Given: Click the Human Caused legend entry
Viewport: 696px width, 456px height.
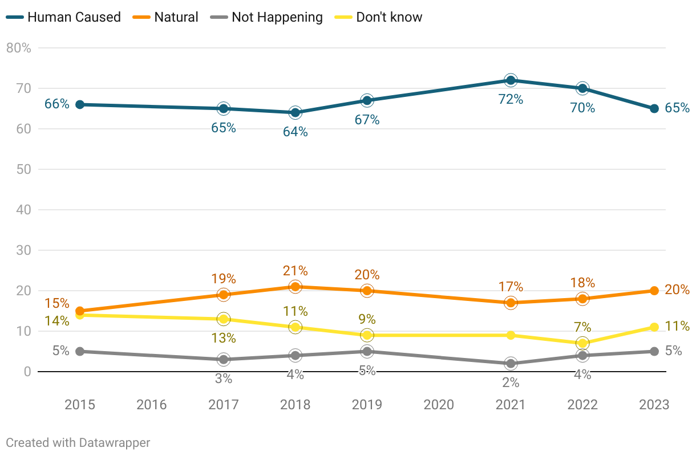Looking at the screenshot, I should click(64, 17).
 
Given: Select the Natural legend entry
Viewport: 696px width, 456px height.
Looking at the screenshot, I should click(167, 17).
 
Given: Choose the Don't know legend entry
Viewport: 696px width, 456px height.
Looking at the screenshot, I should click(381, 17).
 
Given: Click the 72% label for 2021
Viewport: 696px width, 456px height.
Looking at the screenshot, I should click(511, 99).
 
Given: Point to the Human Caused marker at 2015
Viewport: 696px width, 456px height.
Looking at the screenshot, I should click(80, 104).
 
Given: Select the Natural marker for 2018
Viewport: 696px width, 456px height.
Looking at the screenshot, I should click(295, 287).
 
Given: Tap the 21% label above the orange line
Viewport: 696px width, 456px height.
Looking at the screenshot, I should click(295, 271).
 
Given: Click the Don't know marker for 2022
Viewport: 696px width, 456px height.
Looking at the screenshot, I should click(582, 343).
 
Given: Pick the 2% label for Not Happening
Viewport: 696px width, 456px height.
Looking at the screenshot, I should click(511, 383).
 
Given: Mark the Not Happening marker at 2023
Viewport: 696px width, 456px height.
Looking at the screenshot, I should click(654, 351).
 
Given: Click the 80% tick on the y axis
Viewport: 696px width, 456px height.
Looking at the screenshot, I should click(18, 48).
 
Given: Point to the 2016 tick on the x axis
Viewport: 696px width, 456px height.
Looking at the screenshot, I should click(152, 405).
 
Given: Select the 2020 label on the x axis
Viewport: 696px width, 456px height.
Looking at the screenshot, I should click(439, 405).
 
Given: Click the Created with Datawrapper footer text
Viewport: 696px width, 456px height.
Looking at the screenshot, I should click(78, 442).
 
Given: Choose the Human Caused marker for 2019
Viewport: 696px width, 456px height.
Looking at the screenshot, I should click(367, 100).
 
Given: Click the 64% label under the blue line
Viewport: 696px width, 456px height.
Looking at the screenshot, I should click(295, 132).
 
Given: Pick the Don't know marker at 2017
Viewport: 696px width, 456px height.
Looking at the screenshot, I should click(223, 319).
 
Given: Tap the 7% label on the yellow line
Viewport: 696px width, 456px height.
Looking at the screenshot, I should click(582, 327).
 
